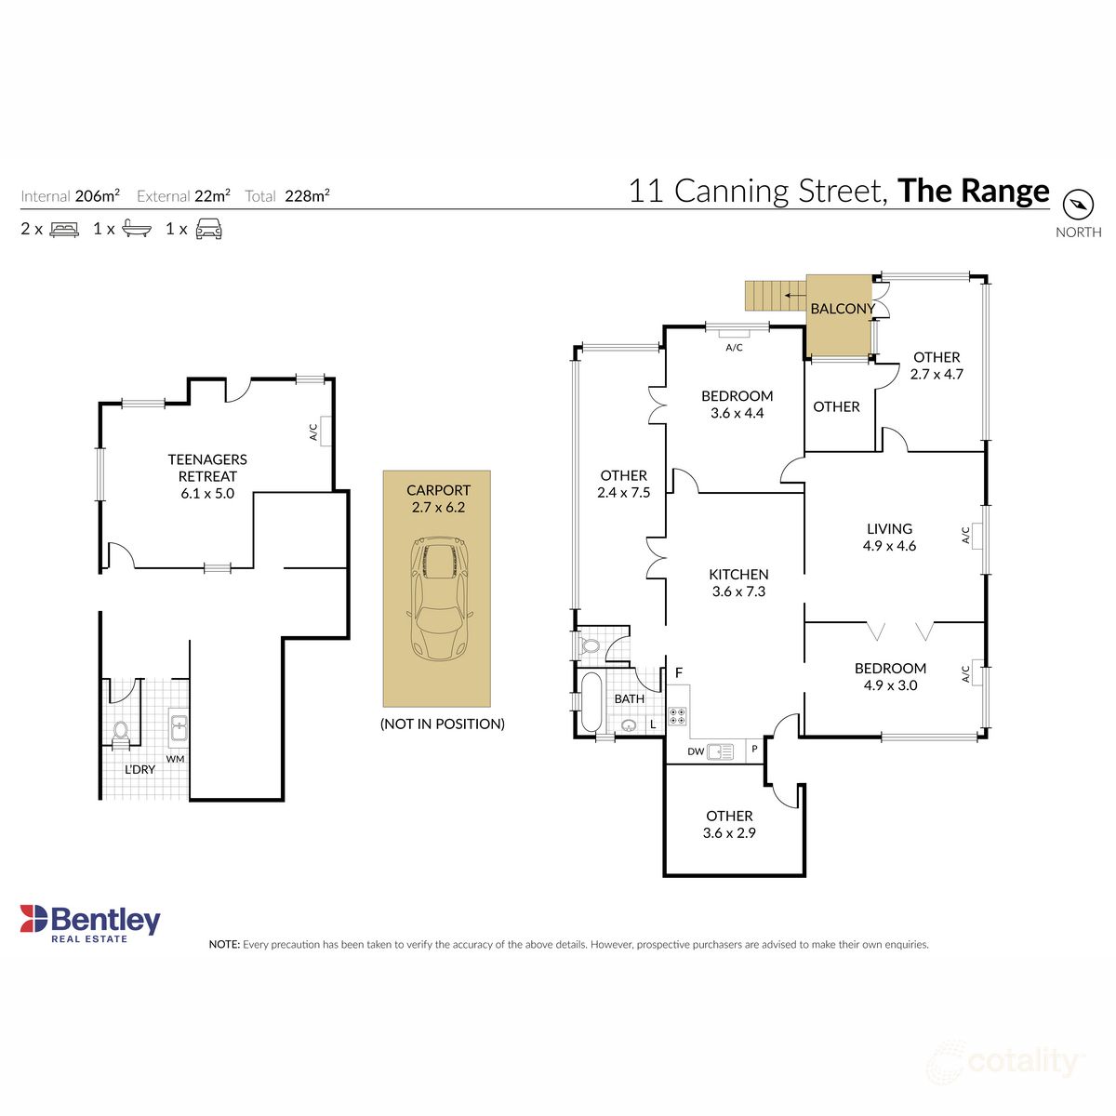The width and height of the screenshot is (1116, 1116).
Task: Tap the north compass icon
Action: [x=1078, y=204]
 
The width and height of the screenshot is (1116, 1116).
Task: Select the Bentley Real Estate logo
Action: [x=90, y=923]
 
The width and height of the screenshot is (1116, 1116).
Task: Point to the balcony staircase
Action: [x=773, y=296]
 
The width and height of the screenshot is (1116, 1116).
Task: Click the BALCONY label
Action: [x=842, y=309]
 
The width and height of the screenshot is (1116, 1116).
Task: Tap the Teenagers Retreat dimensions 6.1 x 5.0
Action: [x=207, y=494]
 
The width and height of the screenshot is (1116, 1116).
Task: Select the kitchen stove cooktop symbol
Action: [x=678, y=717]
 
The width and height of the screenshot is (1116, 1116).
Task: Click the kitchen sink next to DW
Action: [x=720, y=751]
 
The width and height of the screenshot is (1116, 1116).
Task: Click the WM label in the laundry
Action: [x=175, y=759]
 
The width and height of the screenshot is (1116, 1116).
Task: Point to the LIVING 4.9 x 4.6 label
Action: [x=889, y=537]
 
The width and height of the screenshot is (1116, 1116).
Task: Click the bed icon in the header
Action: [x=64, y=229]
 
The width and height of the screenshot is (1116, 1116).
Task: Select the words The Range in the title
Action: [x=974, y=191]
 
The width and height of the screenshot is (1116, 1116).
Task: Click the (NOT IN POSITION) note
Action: [x=443, y=724]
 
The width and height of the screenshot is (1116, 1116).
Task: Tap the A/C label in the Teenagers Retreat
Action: [x=312, y=432]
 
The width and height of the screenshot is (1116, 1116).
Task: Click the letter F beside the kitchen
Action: [x=679, y=673]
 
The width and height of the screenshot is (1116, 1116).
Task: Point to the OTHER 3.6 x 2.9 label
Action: [x=729, y=824]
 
